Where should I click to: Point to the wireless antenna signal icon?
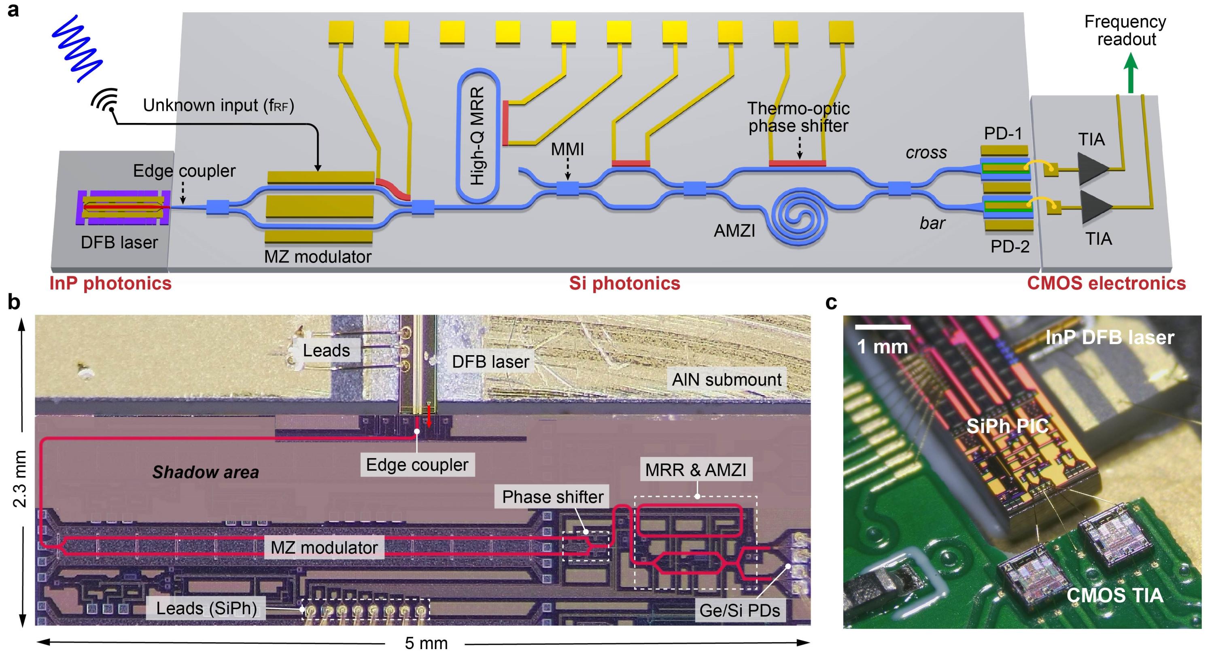[105, 100]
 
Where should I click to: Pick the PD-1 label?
[1003, 134]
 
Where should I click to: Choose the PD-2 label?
[1010, 246]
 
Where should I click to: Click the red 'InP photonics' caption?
[110, 284]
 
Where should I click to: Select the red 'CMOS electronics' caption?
[1106, 284]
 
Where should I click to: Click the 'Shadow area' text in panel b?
[206, 472]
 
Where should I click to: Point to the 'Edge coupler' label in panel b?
[417, 465]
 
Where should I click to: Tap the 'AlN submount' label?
[726, 380]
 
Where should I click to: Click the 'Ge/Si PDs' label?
[739, 611]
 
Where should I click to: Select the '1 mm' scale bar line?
[883, 326]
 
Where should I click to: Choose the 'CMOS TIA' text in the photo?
[1115, 596]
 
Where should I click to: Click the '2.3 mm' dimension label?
[20, 478]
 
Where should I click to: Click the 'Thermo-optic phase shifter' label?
[798, 117]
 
